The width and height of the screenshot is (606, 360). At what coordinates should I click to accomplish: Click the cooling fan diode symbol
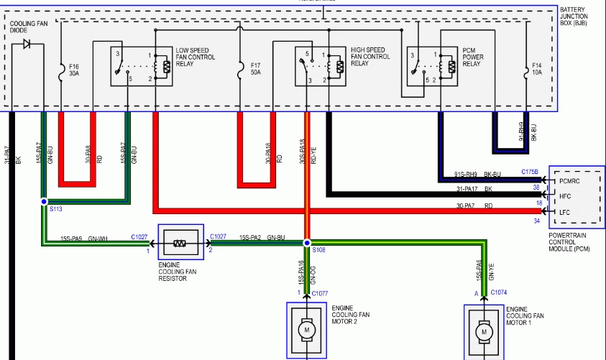(27, 45)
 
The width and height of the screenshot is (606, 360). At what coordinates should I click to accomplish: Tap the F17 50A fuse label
(257, 68)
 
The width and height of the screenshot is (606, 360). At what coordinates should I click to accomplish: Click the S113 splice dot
(44, 202)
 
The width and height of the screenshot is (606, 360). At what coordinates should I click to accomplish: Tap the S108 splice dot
(307, 243)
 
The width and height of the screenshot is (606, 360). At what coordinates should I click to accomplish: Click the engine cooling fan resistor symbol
(180, 244)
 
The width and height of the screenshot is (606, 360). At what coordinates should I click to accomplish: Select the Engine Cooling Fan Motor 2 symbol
(307, 330)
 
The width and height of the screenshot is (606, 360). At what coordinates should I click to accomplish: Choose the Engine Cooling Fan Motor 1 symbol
(484, 331)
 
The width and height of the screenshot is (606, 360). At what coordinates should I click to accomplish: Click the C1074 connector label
(500, 293)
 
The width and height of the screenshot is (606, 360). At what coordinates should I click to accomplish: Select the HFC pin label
(566, 196)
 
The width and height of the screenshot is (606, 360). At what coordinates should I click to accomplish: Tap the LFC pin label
(566, 212)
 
